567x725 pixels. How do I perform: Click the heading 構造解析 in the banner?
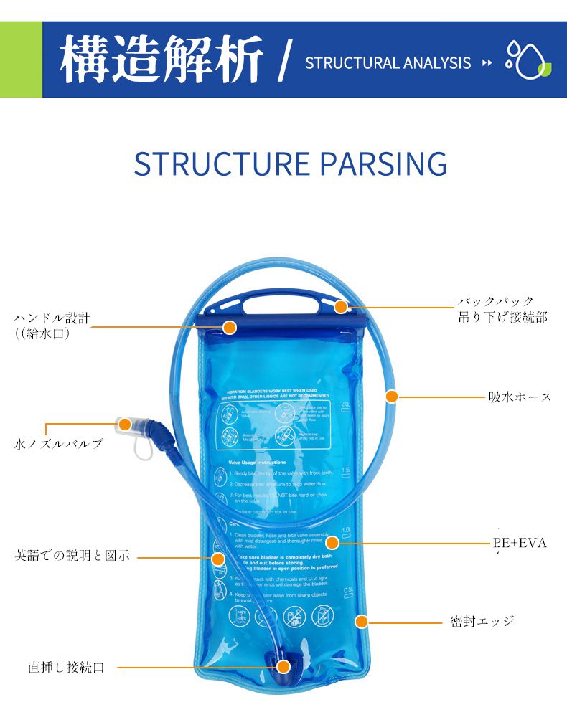click(161, 60)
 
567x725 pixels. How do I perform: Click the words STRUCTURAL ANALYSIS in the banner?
click(388, 63)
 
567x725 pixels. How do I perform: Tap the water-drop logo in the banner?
click(528, 60)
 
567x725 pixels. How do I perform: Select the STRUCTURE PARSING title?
click(290, 164)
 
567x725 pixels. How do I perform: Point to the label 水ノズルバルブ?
click(58, 444)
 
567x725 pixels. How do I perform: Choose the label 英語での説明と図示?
click(72, 555)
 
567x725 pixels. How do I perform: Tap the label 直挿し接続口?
click(66, 668)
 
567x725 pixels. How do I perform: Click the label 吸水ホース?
click(520, 397)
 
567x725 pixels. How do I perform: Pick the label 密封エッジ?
click(482, 621)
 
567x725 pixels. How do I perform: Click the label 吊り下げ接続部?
click(502, 317)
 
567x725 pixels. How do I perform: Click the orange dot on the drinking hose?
click(391, 396)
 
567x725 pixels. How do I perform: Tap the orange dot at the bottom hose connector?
click(283, 667)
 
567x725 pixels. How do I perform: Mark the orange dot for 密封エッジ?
click(362, 621)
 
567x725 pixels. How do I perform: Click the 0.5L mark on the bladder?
click(348, 590)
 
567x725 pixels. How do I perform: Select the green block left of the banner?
click(21, 60)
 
